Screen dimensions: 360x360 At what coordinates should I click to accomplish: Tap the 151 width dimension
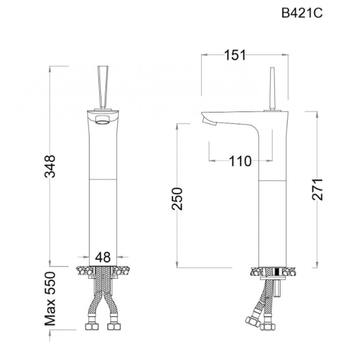point(235,55)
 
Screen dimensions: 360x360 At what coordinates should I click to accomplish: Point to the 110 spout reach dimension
point(240,161)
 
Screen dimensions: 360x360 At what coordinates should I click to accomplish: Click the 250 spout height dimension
point(177,199)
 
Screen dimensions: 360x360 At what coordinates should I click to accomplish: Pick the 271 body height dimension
point(317,189)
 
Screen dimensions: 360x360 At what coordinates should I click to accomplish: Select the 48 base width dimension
point(103,257)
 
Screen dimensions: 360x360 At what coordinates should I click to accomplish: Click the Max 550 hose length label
point(50,298)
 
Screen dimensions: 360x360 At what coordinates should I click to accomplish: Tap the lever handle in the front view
point(103,87)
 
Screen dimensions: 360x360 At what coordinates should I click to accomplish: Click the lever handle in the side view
point(272,89)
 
